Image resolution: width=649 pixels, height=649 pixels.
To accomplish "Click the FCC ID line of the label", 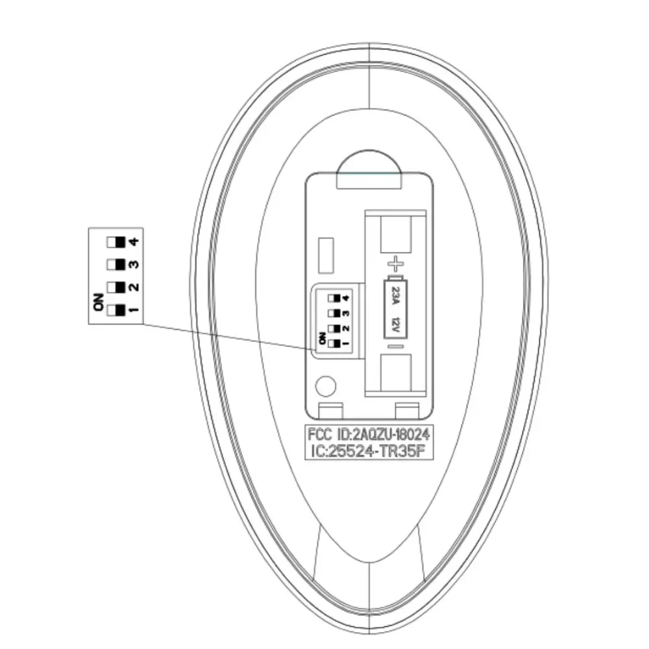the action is (x=369, y=435).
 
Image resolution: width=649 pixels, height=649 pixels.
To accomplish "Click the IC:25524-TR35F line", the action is (x=368, y=451).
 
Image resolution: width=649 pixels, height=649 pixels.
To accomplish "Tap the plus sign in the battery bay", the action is (x=396, y=264).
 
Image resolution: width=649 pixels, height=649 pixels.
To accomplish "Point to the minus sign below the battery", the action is (x=396, y=347).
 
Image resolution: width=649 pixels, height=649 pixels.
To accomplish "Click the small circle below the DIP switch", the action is (x=326, y=386).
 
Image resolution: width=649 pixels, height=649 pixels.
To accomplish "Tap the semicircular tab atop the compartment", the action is (x=369, y=171).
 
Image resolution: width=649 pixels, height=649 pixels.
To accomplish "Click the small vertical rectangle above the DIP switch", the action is (x=326, y=255).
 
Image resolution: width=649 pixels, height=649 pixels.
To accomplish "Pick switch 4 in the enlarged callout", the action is (x=116, y=242).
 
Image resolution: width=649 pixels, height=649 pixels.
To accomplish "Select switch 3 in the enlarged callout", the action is (x=116, y=265).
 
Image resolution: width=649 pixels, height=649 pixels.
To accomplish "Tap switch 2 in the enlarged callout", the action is (x=116, y=288).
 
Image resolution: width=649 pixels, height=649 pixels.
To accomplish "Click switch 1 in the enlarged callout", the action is (x=116, y=310).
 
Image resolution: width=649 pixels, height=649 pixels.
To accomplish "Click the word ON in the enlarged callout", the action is (x=99, y=302).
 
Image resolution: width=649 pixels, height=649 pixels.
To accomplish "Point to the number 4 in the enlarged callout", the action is (x=134, y=241).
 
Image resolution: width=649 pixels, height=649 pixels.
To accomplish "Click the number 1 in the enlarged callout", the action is (x=134, y=310).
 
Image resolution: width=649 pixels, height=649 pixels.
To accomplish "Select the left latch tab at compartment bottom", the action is (x=331, y=411).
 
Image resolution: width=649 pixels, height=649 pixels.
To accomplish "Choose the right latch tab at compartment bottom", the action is (x=408, y=411).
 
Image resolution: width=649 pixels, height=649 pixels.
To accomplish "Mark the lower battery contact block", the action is (x=396, y=373).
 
